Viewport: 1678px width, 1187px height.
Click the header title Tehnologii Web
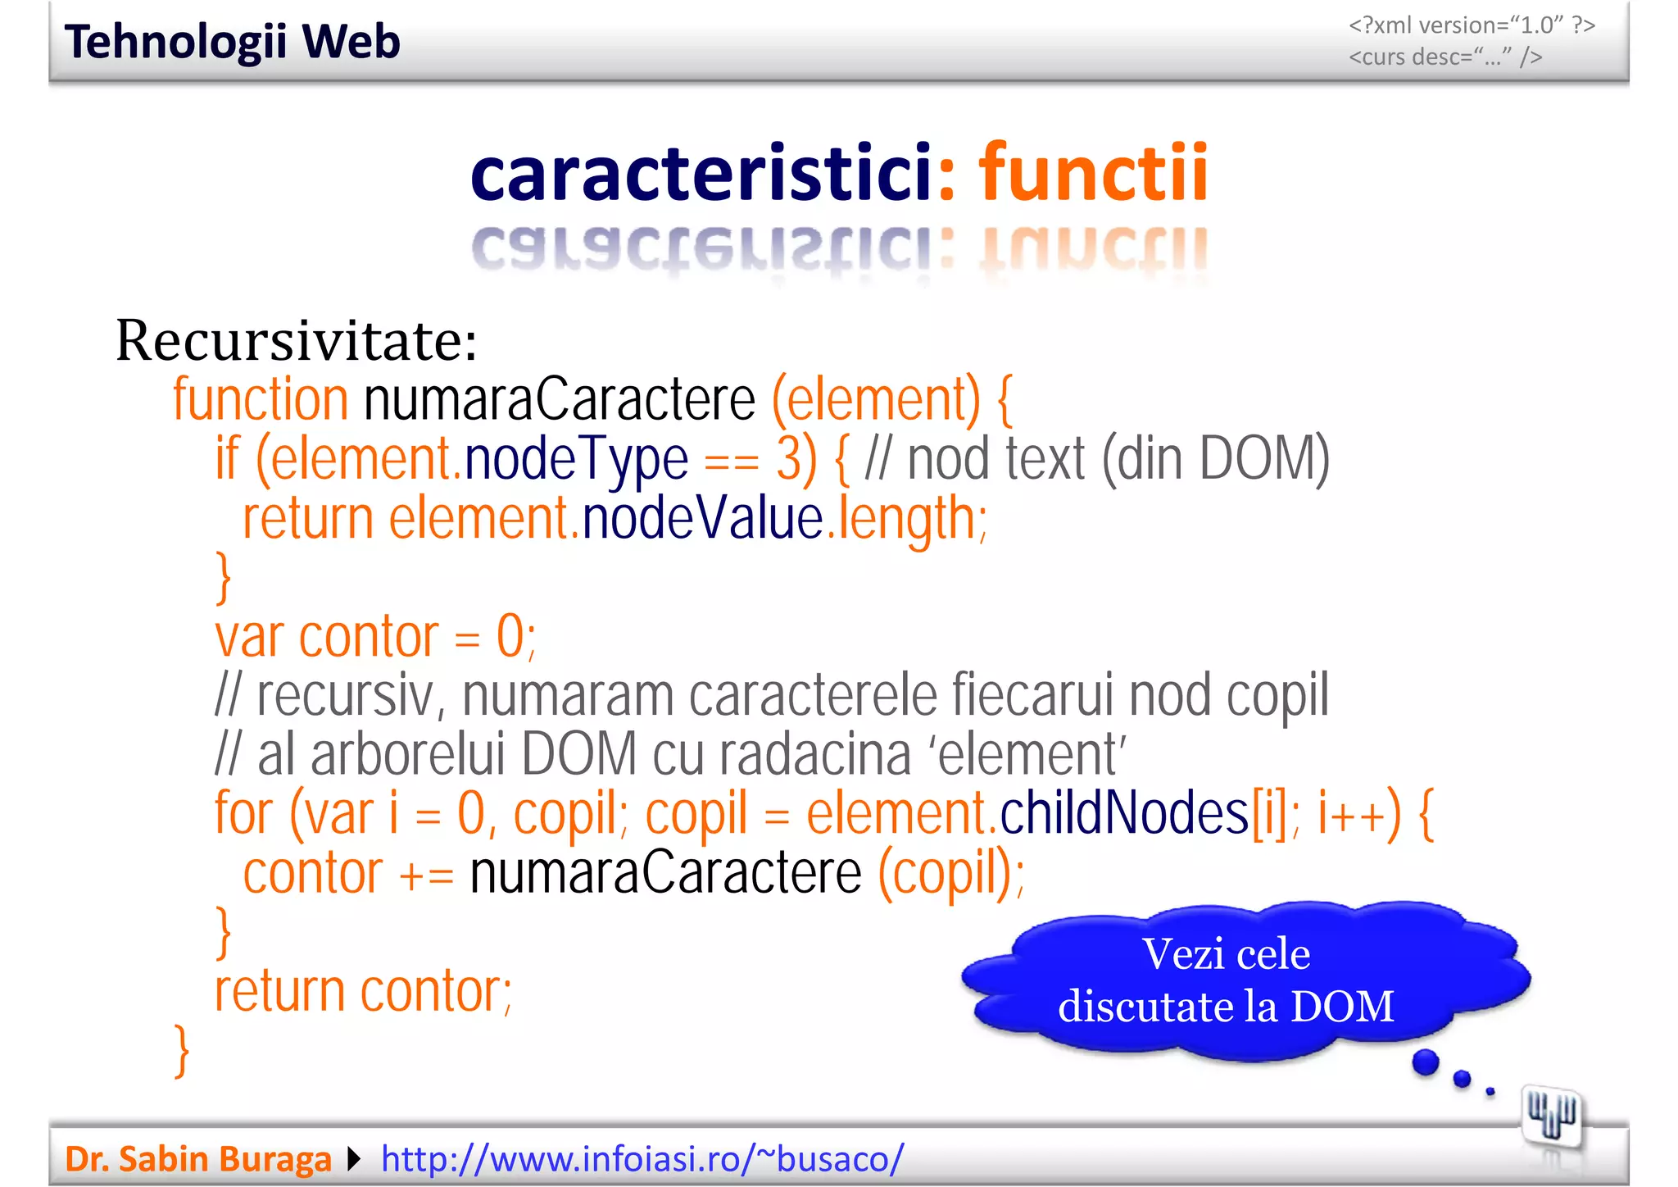pos(232,42)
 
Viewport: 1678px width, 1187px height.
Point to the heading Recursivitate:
pos(296,340)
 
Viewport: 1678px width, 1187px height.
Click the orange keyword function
pos(261,399)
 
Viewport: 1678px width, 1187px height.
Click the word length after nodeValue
pos(905,520)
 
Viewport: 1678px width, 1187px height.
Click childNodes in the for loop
pos(1124,813)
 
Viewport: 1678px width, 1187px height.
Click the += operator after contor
pos(426,874)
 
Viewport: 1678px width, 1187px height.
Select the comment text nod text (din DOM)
pos(1118,459)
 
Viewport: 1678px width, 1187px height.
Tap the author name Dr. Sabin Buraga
pos(197,1159)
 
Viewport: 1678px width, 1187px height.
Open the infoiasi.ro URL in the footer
pos(642,1159)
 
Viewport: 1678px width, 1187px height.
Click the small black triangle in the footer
pos(354,1159)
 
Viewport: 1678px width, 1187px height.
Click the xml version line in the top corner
pos(1472,25)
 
